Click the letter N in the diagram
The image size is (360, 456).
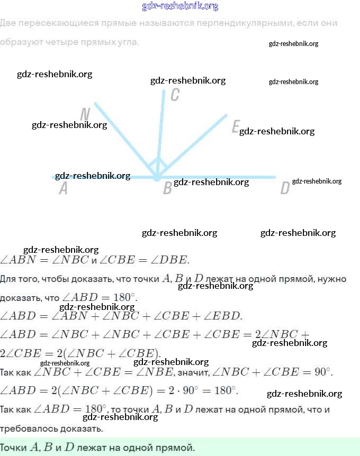click(x=85, y=114)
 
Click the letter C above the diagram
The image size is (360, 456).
click(x=175, y=95)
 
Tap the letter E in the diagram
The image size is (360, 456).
click(x=236, y=127)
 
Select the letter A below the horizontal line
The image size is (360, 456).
click(x=63, y=188)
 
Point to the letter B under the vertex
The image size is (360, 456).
click(x=167, y=188)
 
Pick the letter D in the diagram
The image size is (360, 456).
click(x=285, y=188)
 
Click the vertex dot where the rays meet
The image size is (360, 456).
click(x=157, y=178)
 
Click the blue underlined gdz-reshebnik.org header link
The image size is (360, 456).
click(x=180, y=6)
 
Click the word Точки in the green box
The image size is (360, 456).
click(x=13, y=448)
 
